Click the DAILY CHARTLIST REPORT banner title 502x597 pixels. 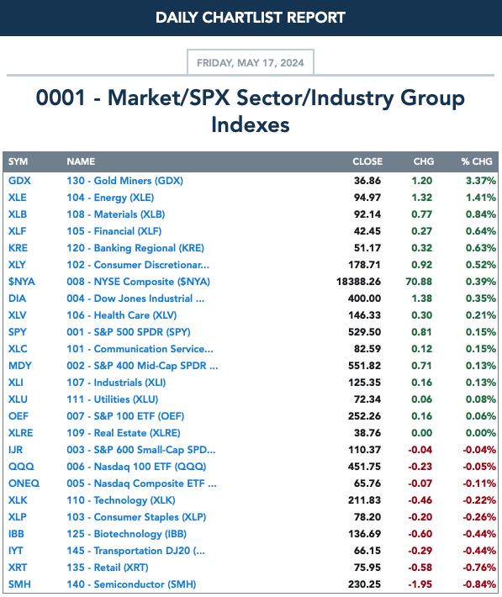(251, 18)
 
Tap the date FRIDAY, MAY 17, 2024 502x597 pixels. (251, 62)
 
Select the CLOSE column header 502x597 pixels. (367, 161)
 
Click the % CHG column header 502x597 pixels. (477, 161)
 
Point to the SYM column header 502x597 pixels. (18, 161)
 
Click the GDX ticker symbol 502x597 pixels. (19, 181)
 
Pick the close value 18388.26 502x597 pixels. (358, 282)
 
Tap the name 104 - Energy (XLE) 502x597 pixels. (110, 198)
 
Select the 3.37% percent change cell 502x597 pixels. (481, 181)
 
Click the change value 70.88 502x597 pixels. (419, 282)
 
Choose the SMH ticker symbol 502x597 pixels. (19, 584)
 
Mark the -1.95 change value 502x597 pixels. (420, 584)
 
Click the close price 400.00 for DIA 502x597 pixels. (364, 298)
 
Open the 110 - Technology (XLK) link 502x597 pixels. (121, 500)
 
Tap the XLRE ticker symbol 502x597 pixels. (20, 433)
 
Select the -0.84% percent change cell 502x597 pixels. (479, 584)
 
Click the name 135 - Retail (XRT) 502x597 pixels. (108, 568)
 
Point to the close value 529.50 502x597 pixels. (364, 331)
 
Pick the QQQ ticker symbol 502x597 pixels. (21, 467)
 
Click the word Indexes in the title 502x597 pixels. (251, 125)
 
